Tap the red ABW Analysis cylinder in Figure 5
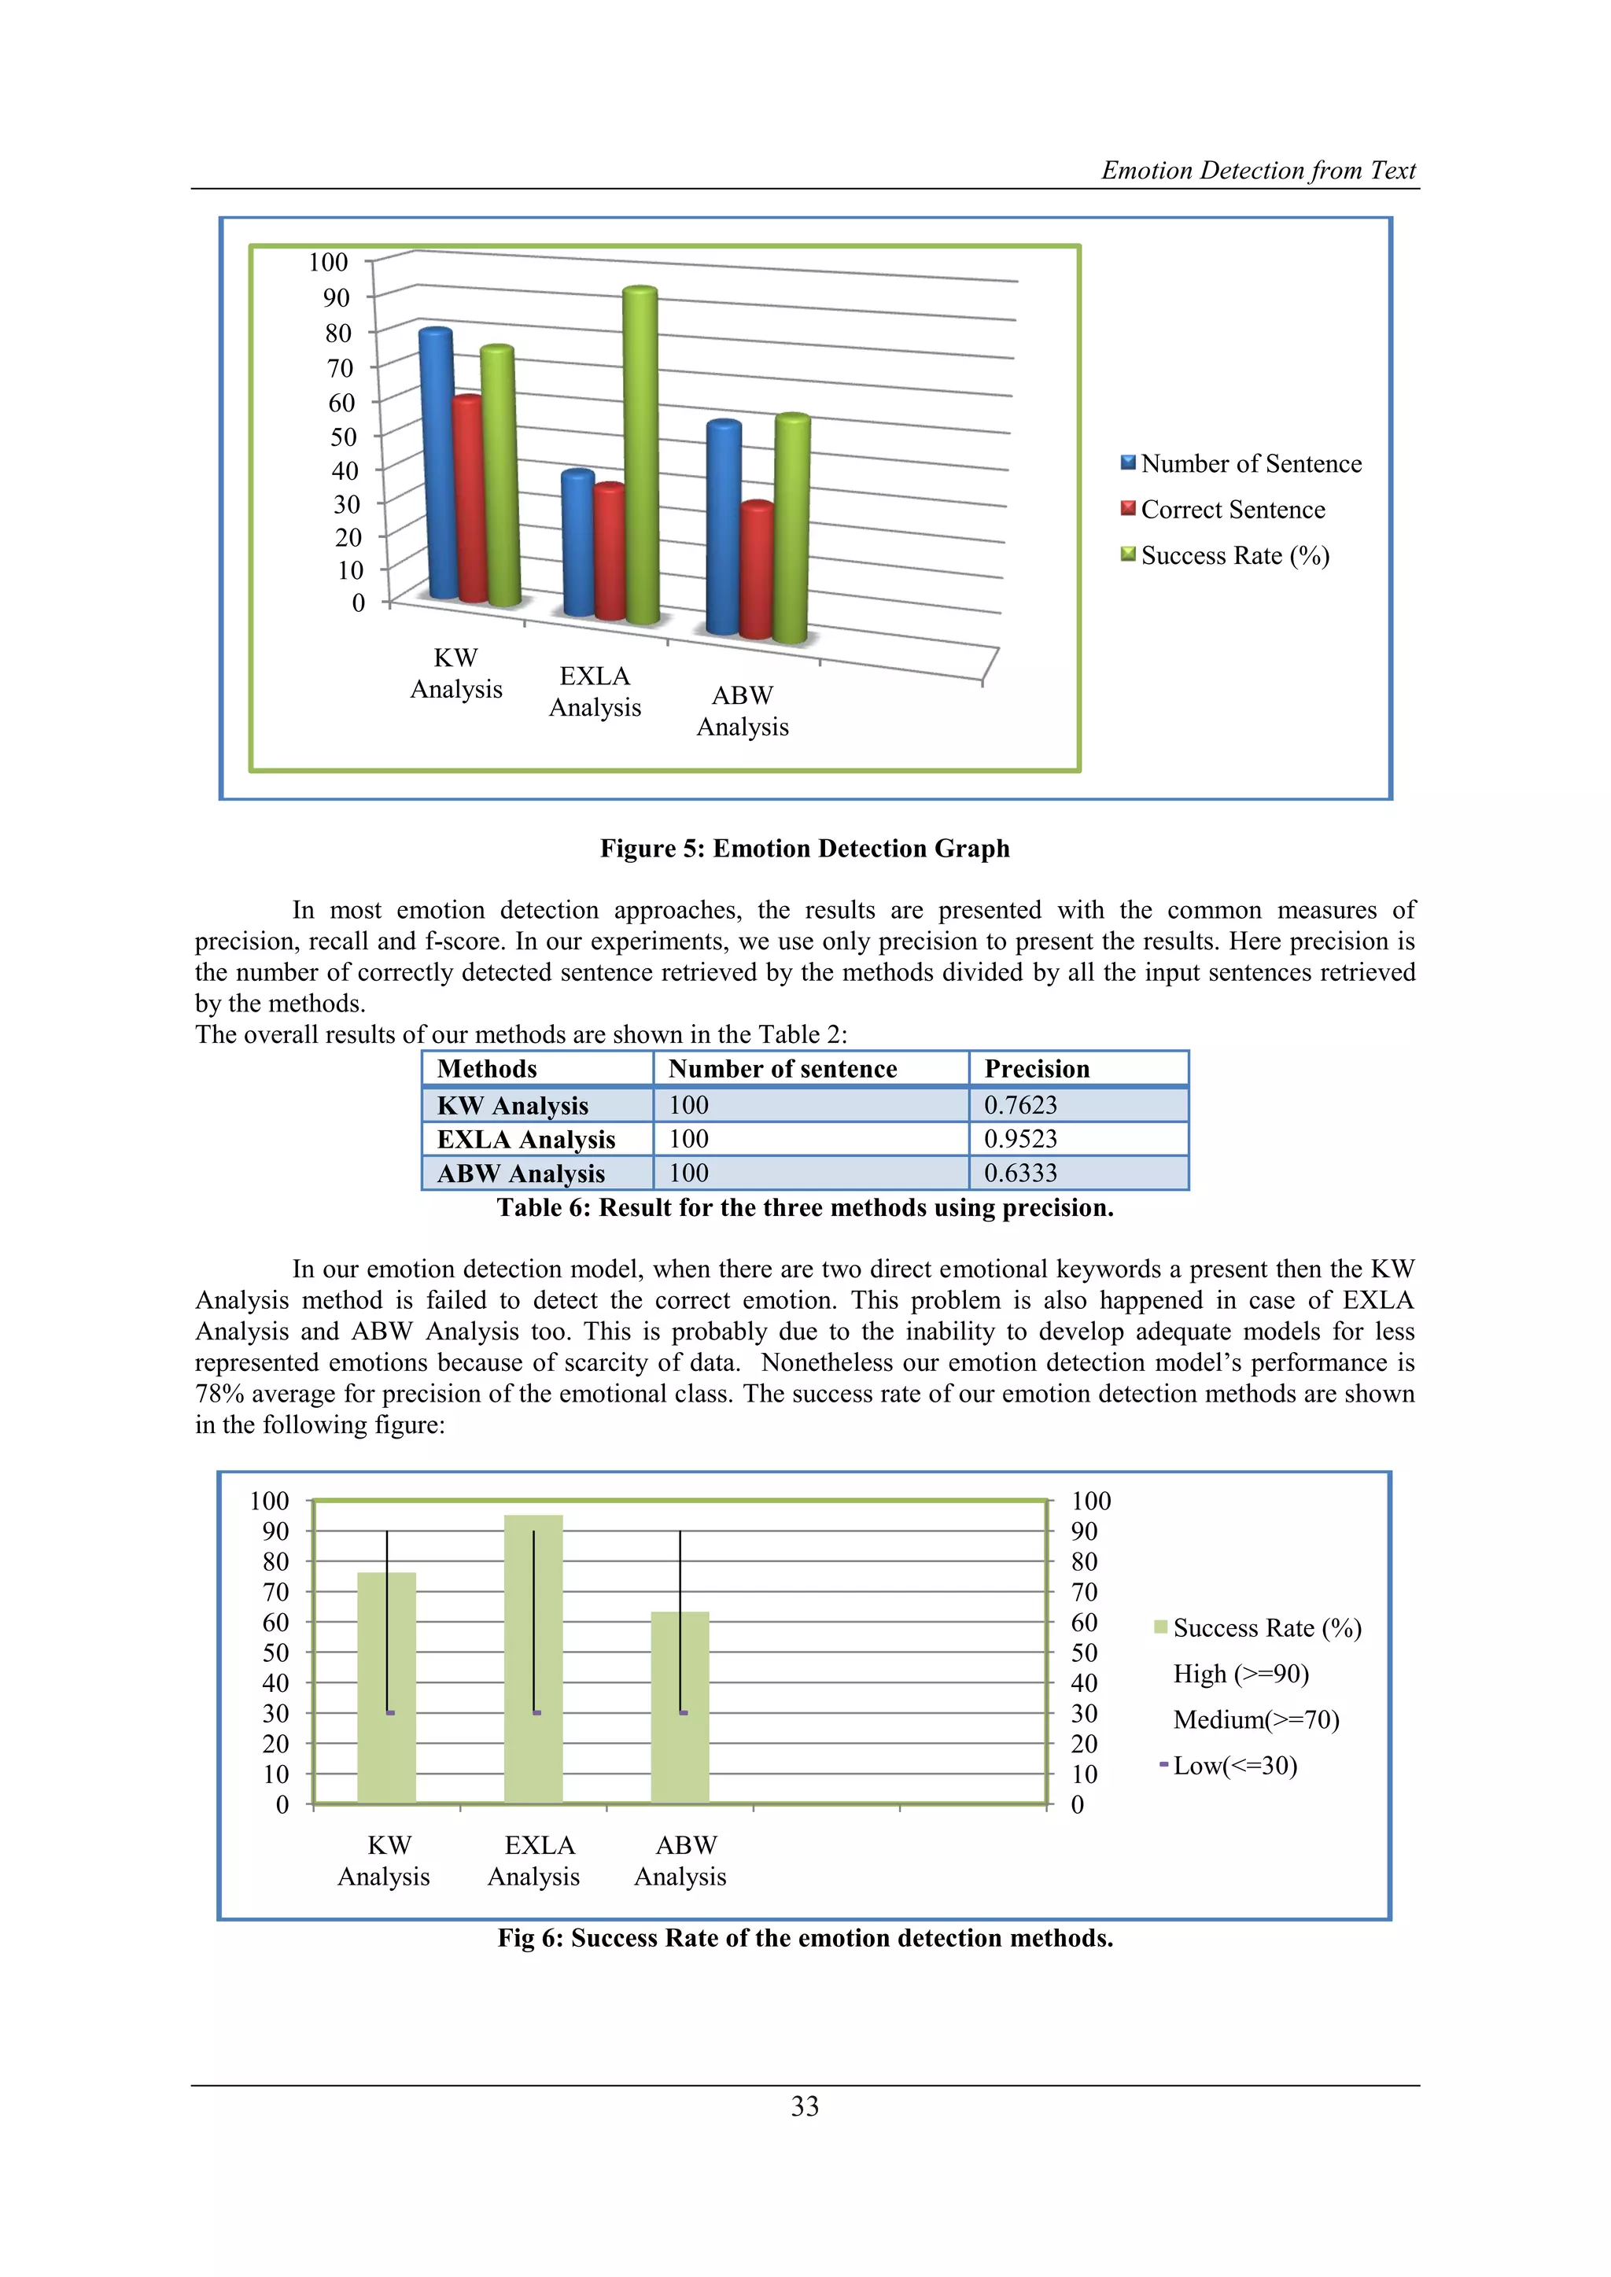tap(758, 570)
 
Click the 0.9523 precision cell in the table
tap(1021, 1139)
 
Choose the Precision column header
tap(1037, 1068)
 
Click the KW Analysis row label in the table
tap(513, 1105)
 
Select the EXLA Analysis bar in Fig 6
tap(533, 1656)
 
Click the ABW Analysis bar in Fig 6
tap(680, 1706)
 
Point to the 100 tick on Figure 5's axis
tap(328, 262)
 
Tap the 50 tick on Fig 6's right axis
tap(1084, 1652)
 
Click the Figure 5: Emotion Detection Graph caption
tap(805, 848)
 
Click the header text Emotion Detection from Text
tap(1258, 170)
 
